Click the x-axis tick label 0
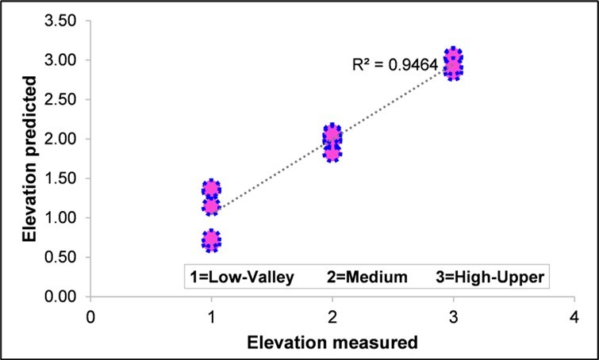click(x=91, y=316)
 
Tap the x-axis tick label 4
click(x=574, y=316)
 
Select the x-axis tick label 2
click(x=332, y=316)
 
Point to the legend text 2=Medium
click(x=367, y=277)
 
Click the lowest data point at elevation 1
click(x=211, y=240)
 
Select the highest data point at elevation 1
click(x=211, y=189)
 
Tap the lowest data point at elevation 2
click(x=332, y=151)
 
